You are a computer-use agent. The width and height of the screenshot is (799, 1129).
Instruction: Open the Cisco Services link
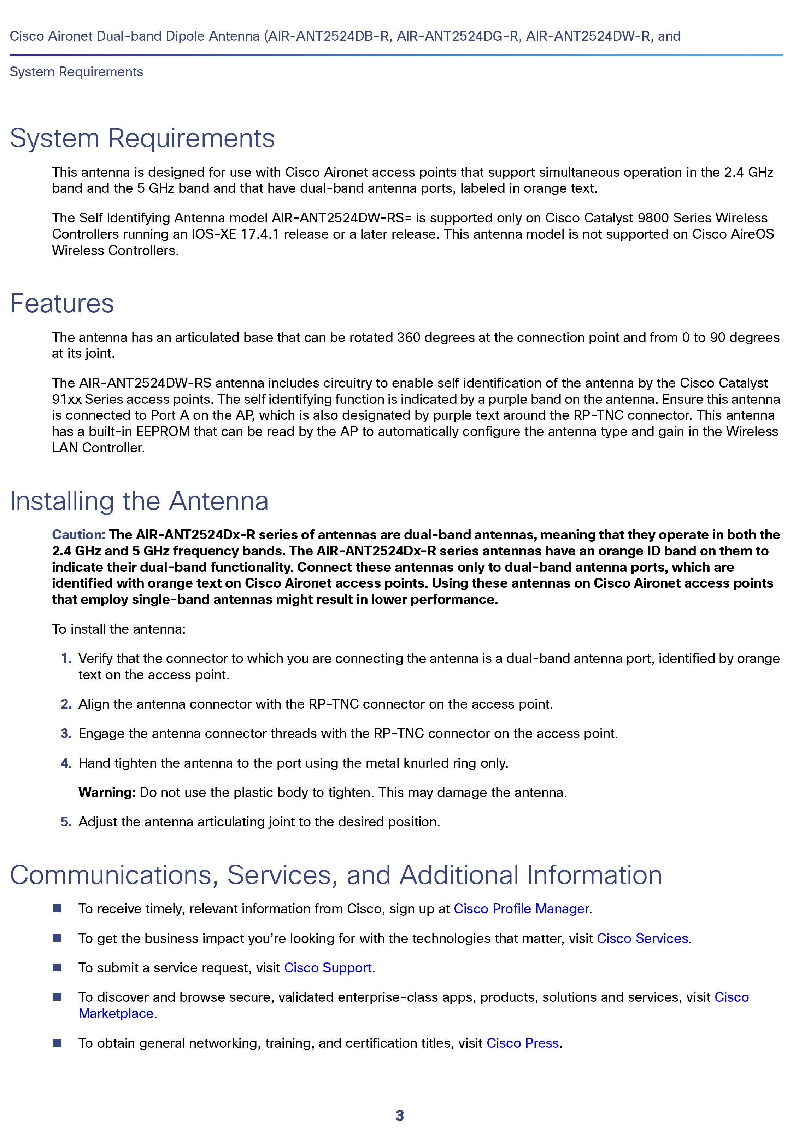click(642, 938)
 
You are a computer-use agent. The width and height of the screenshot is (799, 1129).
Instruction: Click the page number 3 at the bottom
click(399, 1115)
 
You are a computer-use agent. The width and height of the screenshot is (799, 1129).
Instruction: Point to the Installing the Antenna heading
click(139, 501)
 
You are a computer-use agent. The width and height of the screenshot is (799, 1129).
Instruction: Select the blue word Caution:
click(79, 535)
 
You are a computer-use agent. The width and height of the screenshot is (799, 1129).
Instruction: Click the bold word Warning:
click(107, 792)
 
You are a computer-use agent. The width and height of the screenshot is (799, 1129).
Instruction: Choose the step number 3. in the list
click(66, 733)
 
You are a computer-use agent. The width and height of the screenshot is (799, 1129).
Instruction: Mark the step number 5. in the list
click(66, 821)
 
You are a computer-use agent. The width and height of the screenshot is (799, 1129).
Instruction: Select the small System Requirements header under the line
click(76, 72)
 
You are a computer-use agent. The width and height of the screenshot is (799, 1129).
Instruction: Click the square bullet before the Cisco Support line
click(57, 967)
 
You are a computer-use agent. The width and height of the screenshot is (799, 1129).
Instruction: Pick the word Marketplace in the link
click(116, 1013)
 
